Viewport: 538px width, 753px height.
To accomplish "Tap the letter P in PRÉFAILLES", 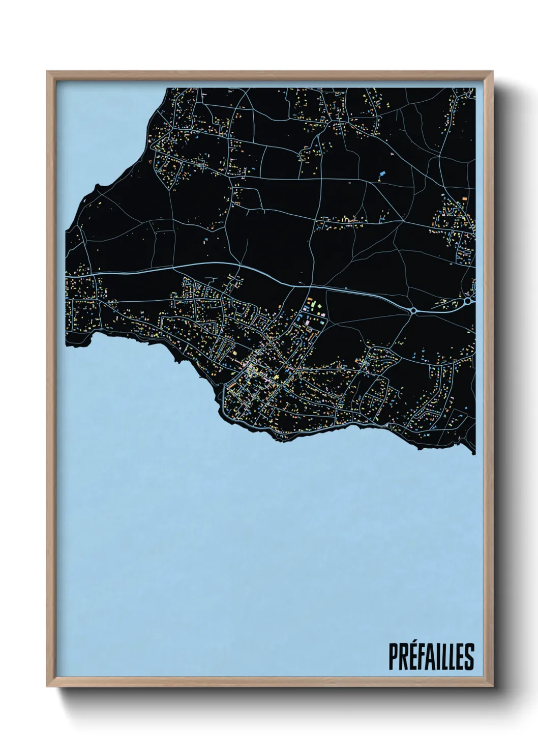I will pos(393,657).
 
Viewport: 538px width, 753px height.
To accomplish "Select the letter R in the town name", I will pos(403,657).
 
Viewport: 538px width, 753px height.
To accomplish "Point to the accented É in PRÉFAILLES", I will pos(412,656).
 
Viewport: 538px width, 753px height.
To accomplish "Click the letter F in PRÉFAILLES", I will pos(421,657).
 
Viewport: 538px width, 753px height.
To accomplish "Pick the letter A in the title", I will pos(430,657).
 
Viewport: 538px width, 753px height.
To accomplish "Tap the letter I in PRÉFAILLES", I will pos(438,657).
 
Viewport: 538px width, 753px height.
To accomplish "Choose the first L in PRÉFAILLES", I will pos(444,657).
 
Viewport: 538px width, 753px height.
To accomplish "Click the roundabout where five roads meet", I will pos(413,310).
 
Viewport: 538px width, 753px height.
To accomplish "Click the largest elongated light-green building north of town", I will pos(314,304).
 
